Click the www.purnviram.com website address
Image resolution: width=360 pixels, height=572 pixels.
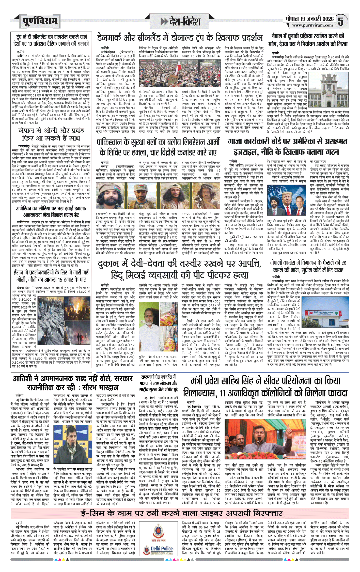click(x=312, y=25)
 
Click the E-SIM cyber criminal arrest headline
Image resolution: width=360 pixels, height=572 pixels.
click(x=181, y=513)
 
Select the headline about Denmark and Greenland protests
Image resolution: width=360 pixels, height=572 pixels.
click(x=179, y=38)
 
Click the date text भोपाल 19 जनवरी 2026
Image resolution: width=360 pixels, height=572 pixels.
click(x=309, y=19)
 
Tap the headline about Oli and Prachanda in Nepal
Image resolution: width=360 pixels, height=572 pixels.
click(x=51, y=134)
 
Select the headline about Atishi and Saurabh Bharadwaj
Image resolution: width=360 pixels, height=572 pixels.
click(x=73, y=383)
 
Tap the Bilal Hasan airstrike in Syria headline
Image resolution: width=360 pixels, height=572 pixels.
click(x=51, y=211)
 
